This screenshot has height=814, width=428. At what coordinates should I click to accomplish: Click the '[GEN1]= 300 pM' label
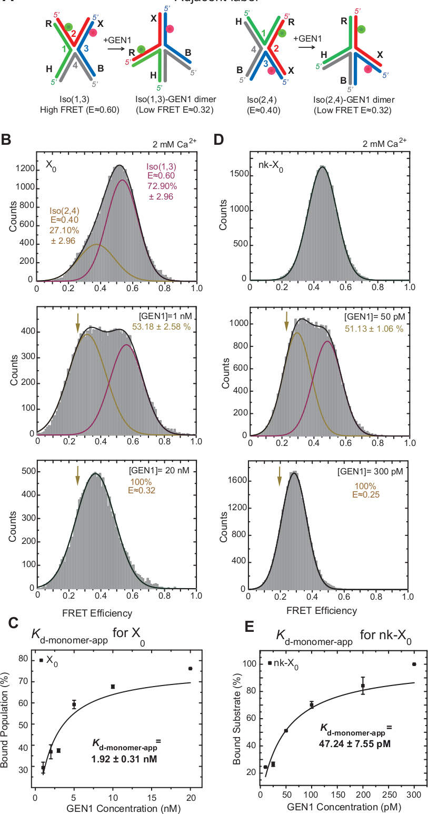[373, 472]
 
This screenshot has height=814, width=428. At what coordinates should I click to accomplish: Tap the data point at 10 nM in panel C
[113, 687]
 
